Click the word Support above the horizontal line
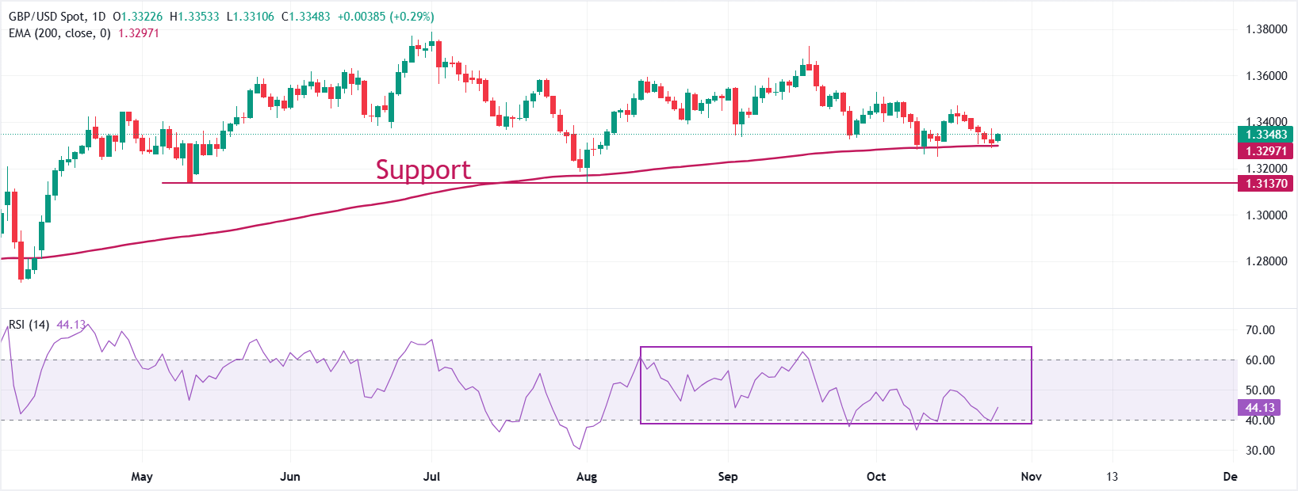tap(423, 169)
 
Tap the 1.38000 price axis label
tap(1266, 29)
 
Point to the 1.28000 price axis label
tap(1266, 261)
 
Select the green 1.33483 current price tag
tap(1265, 135)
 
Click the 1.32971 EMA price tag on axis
tap(1265, 151)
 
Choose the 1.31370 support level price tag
tap(1265, 184)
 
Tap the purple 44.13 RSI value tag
tap(1260, 408)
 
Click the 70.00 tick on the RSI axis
tap(1260, 330)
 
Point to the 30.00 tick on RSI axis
tap(1260, 451)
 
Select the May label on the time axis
tap(142, 477)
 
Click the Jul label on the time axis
tap(432, 477)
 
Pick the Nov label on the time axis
tap(1031, 477)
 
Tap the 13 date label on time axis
tap(1112, 477)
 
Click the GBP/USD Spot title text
tap(45, 17)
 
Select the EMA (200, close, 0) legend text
tap(59, 33)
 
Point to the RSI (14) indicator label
tap(29, 325)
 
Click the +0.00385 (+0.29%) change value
tap(385, 17)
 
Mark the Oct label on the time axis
tap(876, 477)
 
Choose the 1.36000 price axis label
tap(1266, 76)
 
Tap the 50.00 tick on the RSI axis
tap(1260, 390)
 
